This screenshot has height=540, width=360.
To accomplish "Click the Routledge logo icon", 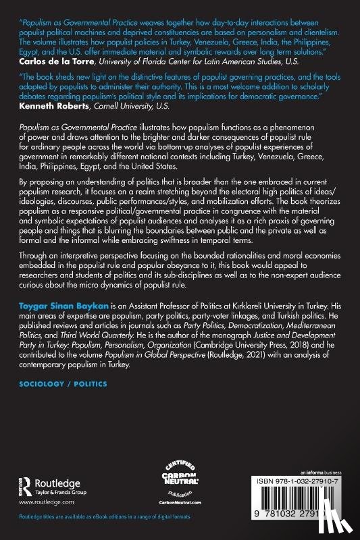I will [26, 485].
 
